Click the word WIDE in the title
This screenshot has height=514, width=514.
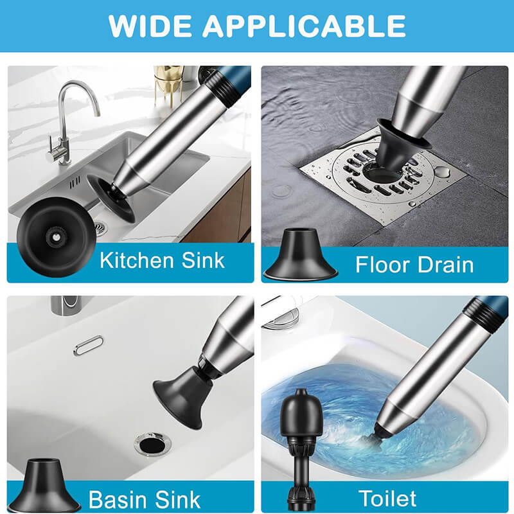coord(150,26)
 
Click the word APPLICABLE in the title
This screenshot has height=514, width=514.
coord(304,26)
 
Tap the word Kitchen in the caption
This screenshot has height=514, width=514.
coord(137,261)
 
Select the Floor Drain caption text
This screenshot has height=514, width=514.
coord(414,265)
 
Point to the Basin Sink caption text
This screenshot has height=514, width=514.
coord(144,500)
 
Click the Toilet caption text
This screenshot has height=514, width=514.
coord(387,499)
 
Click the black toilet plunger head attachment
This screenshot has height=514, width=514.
coord(301,449)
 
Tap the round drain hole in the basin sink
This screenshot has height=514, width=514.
coord(153,445)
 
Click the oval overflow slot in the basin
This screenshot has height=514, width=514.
coord(88,345)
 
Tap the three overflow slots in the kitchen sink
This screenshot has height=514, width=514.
coord(75,182)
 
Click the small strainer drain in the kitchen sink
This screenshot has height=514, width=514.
coord(100,227)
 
